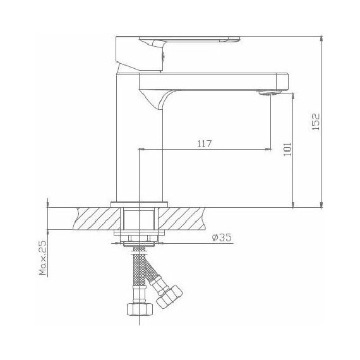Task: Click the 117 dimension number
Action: (203, 144)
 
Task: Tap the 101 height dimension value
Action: (287, 149)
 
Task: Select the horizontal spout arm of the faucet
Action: (215, 81)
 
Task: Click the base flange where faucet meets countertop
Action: (140, 203)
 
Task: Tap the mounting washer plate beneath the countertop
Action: (140, 234)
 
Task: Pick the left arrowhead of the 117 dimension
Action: (141, 150)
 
